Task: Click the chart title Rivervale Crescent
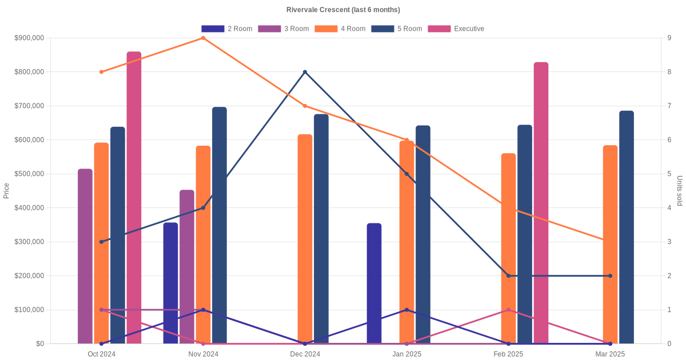pyautogui.click(x=343, y=10)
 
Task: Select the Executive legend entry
pyautogui.click(x=456, y=29)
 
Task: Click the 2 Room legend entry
pyautogui.click(x=227, y=29)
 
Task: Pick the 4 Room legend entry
pyautogui.click(x=340, y=29)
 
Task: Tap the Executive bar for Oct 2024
pyautogui.click(x=134, y=198)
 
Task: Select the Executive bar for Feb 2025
pyautogui.click(x=541, y=203)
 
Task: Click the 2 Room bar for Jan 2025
pyautogui.click(x=374, y=283)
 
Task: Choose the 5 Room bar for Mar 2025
pyautogui.click(x=627, y=227)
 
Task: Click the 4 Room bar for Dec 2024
pyautogui.click(x=305, y=239)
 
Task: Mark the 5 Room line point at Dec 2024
pyautogui.click(x=305, y=72)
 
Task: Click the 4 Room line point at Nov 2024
pyautogui.click(x=204, y=38)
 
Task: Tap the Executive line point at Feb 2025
pyautogui.click(x=508, y=310)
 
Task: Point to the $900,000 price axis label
pyautogui.click(x=29, y=38)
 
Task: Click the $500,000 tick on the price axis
pyautogui.click(x=29, y=174)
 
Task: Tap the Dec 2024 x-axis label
pyautogui.click(x=305, y=354)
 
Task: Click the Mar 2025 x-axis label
pyautogui.click(x=610, y=354)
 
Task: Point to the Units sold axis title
pyautogui.click(x=679, y=191)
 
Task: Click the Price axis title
pyautogui.click(x=6, y=191)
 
